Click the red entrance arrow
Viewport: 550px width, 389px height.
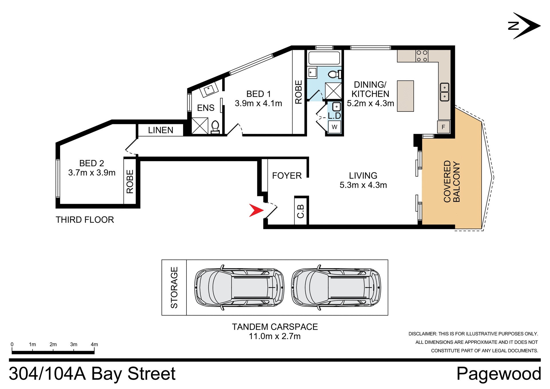point(256,210)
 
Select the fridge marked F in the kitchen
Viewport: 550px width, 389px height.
point(443,127)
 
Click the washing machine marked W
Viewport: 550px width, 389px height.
point(334,127)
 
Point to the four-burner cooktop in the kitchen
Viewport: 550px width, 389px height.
point(422,56)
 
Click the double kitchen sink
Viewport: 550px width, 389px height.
point(444,92)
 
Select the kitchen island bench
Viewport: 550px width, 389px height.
point(405,96)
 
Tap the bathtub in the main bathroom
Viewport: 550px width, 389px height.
point(324,58)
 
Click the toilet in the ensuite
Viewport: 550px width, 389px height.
point(215,127)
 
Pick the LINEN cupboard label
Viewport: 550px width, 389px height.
point(160,130)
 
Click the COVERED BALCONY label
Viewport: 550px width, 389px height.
point(451,181)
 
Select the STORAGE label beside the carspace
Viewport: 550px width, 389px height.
point(174,288)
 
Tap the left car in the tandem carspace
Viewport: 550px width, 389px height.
point(239,288)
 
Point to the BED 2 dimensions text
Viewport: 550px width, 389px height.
point(92,173)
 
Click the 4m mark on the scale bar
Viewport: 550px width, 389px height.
point(94,345)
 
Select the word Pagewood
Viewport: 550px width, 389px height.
point(498,374)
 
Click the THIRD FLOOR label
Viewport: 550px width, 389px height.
point(85,220)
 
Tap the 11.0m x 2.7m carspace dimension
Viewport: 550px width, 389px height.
point(275,336)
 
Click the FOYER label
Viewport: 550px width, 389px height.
point(287,176)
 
